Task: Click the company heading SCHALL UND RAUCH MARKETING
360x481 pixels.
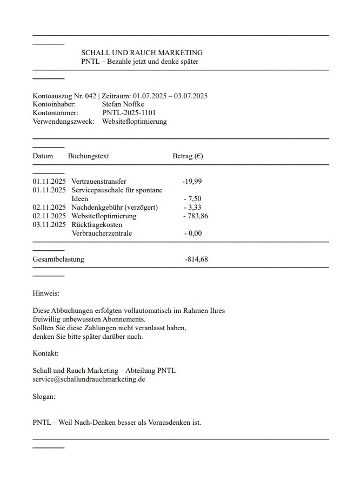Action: tap(142, 53)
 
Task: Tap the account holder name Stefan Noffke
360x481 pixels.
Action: tap(123, 104)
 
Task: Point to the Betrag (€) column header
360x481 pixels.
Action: tap(188, 156)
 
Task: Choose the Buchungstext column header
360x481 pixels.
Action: tap(88, 156)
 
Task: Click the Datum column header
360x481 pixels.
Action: tap(43, 156)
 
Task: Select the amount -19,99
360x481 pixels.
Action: tap(192, 182)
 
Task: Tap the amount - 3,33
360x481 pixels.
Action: tap(192, 208)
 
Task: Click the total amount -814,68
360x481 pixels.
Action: tap(196, 259)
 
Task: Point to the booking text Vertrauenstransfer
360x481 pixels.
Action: tap(99, 182)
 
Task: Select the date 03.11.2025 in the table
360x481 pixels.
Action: tap(49, 225)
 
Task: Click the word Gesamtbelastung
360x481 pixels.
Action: tap(58, 259)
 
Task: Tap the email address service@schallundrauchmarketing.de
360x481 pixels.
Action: tap(89, 379)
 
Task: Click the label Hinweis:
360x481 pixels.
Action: tap(46, 293)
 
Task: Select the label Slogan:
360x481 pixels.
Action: tap(44, 397)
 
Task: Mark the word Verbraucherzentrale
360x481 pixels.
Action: tap(102, 233)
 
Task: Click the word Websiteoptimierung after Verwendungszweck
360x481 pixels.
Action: tap(134, 122)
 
